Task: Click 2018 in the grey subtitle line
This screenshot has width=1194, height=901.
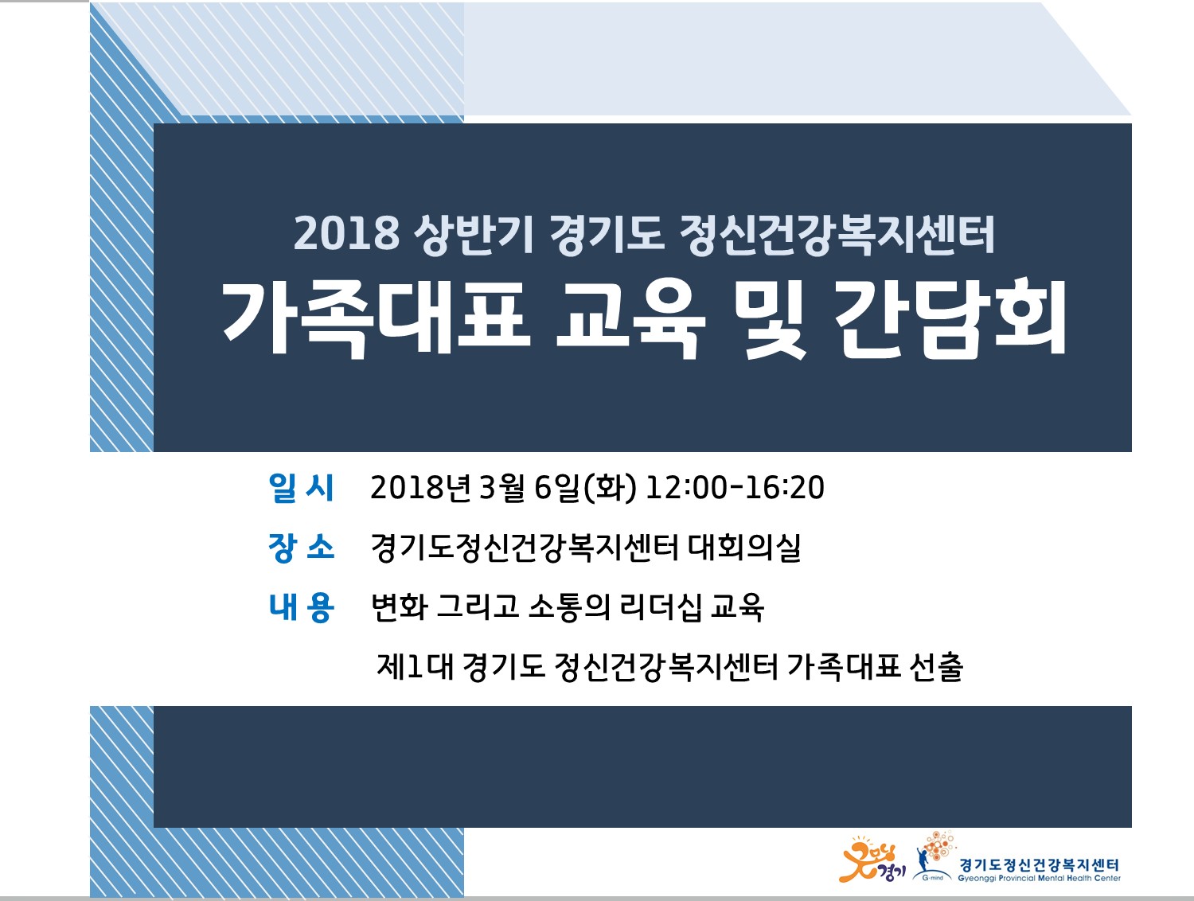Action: coord(346,234)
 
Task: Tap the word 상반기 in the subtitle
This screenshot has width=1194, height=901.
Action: coord(473,234)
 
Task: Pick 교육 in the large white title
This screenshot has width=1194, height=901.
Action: coord(631,321)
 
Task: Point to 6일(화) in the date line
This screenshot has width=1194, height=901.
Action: coord(585,487)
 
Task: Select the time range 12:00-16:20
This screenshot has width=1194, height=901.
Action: coord(735,488)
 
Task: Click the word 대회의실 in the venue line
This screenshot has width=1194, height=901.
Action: coord(744,547)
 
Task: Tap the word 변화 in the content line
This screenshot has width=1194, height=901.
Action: coord(399,607)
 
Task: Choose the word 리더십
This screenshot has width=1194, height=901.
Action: coord(661,607)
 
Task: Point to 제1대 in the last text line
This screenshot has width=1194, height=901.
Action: coord(416,667)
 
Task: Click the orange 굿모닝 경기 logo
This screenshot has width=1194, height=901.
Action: coord(872,860)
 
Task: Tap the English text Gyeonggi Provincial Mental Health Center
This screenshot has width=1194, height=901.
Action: coord(1039,878)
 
